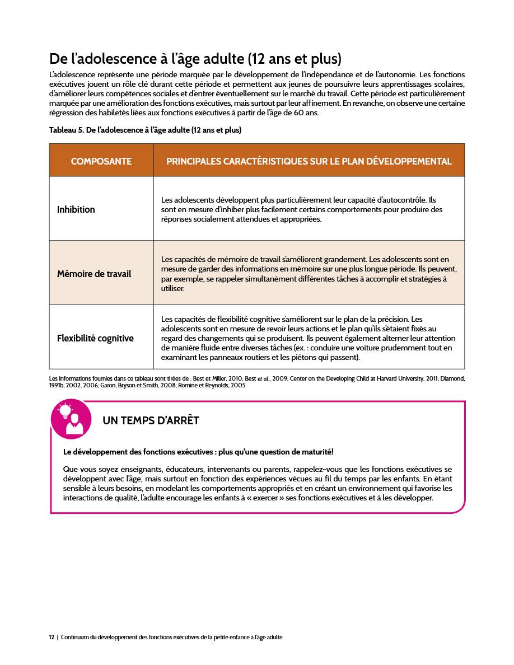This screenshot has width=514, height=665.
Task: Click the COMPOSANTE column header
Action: point(101,161)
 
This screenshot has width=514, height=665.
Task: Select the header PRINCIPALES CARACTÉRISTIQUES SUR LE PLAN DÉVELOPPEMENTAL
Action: point(309,161)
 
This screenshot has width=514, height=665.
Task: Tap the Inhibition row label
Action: point(76,209)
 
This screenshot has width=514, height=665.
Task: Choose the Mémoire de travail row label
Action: point(94,274)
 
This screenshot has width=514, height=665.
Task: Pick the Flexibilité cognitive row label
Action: point(95,338)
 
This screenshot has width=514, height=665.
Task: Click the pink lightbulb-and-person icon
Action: point(71,419)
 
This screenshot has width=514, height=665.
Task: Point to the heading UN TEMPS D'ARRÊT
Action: point(151,420)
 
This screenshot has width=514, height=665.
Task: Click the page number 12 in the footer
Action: point(52,637)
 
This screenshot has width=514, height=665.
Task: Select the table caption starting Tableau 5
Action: point(145,130)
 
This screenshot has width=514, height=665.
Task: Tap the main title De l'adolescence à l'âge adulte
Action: point(195,58)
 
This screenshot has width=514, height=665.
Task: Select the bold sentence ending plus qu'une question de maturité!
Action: point(199,452)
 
